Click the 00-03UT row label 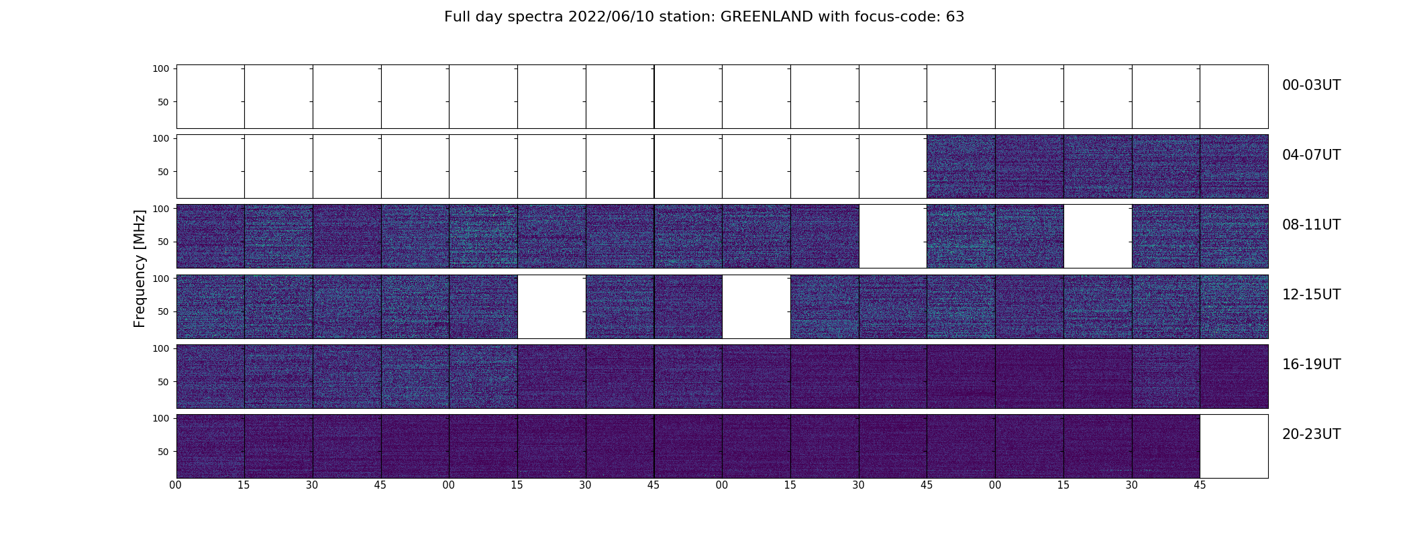1311,85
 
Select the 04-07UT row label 1311,155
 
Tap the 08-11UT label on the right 1311,225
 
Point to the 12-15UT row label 1311,295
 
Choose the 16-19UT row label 1311,364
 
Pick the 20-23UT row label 1311,434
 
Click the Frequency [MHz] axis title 140,268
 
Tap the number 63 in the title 955,17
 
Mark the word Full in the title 456,17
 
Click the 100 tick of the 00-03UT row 162,68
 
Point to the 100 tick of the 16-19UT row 162,348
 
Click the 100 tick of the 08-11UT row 162,209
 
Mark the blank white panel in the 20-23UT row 1234,446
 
